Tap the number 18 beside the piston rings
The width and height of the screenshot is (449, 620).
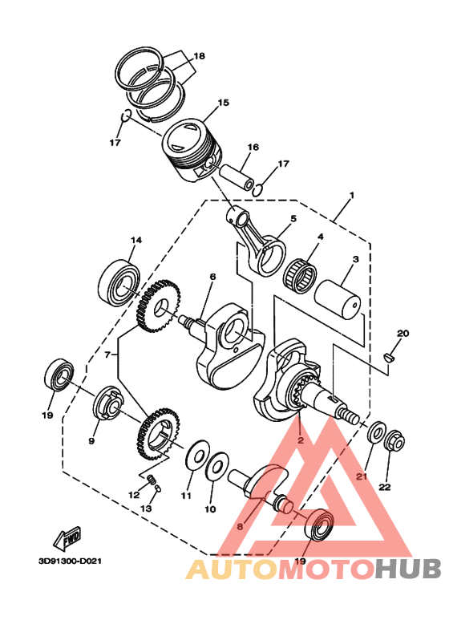[200, 56]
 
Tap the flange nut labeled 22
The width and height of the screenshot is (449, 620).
[394, 440]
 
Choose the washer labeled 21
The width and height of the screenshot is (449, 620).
[374, 434]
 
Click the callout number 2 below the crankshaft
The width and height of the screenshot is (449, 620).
[299, 440]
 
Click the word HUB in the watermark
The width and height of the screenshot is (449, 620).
[409, 569]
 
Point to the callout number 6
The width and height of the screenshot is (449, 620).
[212, 277]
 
